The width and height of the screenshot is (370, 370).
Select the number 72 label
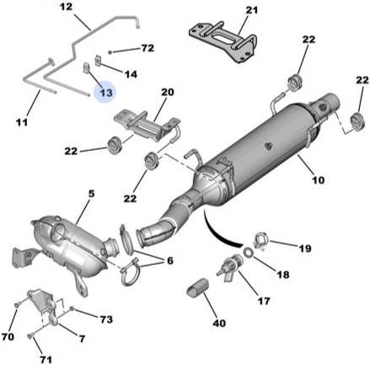pos(147,49)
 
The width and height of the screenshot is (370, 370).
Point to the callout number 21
pos(251,10)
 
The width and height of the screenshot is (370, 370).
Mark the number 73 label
pos(105,321)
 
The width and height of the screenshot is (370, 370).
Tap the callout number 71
pos(46,359)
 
